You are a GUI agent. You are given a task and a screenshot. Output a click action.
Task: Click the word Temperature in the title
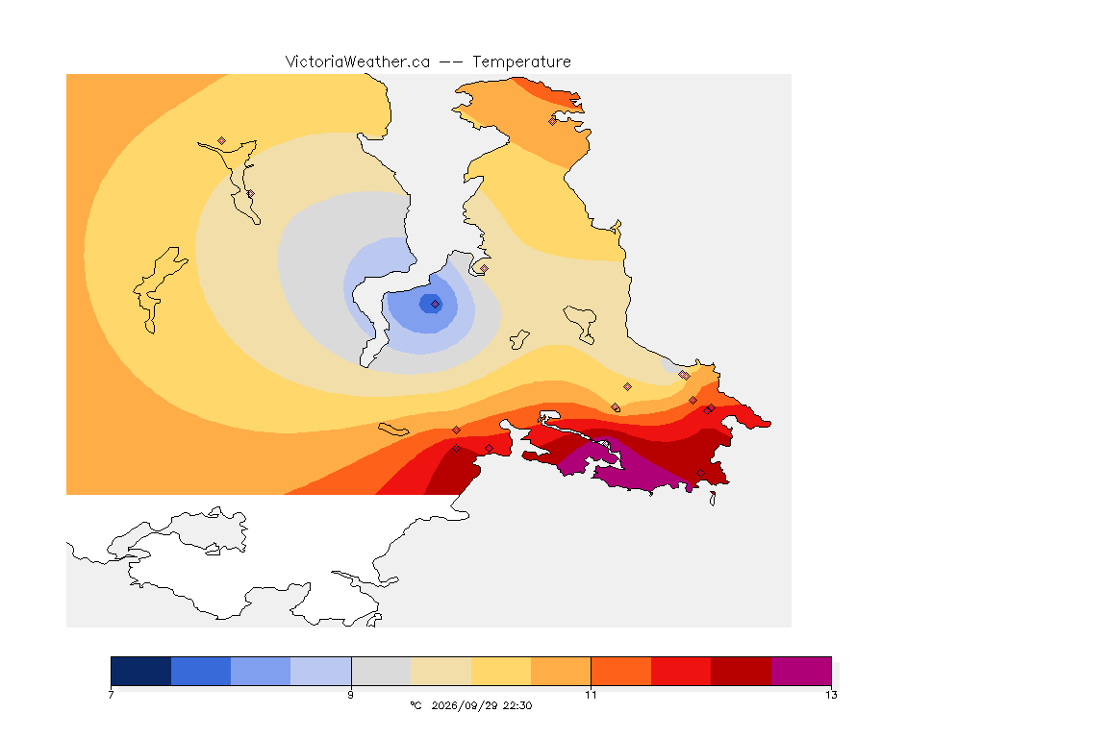click(x=521, y=62)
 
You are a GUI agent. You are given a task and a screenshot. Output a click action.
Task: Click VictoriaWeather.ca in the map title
click(x=358, y=62)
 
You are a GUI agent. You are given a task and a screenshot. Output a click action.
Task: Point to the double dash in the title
click(x=451, y=62)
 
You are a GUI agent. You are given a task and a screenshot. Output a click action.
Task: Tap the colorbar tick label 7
click(x=111, y=695)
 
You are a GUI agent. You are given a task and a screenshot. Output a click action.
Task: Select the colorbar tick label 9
click(x=350, y=695)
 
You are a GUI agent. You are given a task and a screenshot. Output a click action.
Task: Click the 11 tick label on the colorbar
click(x=591, y=695)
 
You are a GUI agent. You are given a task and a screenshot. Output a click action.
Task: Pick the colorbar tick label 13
click(x=831, y=695)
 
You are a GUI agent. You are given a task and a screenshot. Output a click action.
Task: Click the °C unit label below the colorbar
click(x=415, y=705)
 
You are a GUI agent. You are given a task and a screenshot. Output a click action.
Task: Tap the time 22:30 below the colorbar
click(x=517, y=705)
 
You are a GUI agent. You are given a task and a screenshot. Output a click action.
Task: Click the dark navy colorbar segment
click(x=141, y=671)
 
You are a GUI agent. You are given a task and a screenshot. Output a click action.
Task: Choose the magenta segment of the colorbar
click(x=801, y=671)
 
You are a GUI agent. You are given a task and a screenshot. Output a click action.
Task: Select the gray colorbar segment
click(x=381, y=671)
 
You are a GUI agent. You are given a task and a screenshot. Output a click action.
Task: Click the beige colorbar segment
click(x=441, y=671)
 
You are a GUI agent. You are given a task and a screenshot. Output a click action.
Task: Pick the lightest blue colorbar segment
click(x=321, y=671)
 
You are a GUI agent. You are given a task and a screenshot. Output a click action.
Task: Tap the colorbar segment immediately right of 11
click(x=621, y=671)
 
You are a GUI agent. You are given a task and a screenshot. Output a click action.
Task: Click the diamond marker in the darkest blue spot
click(x=436, y=305)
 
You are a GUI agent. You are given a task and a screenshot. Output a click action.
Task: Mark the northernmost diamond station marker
click(x=553, y=121)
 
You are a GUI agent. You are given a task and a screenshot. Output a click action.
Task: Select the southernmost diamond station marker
click(x=700, y=473)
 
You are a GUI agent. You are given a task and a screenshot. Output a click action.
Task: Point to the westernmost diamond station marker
click(x=222, y=141)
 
